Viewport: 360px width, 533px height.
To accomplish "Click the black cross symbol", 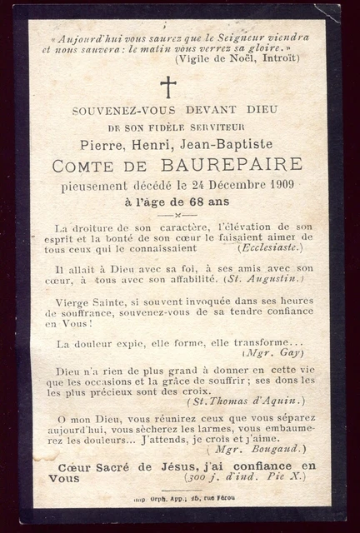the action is [x=168, y=87].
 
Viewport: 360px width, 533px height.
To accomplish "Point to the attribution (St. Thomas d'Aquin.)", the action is [x=248, y=401].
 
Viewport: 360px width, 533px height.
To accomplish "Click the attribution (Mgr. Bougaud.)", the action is [x=268, y=449].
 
